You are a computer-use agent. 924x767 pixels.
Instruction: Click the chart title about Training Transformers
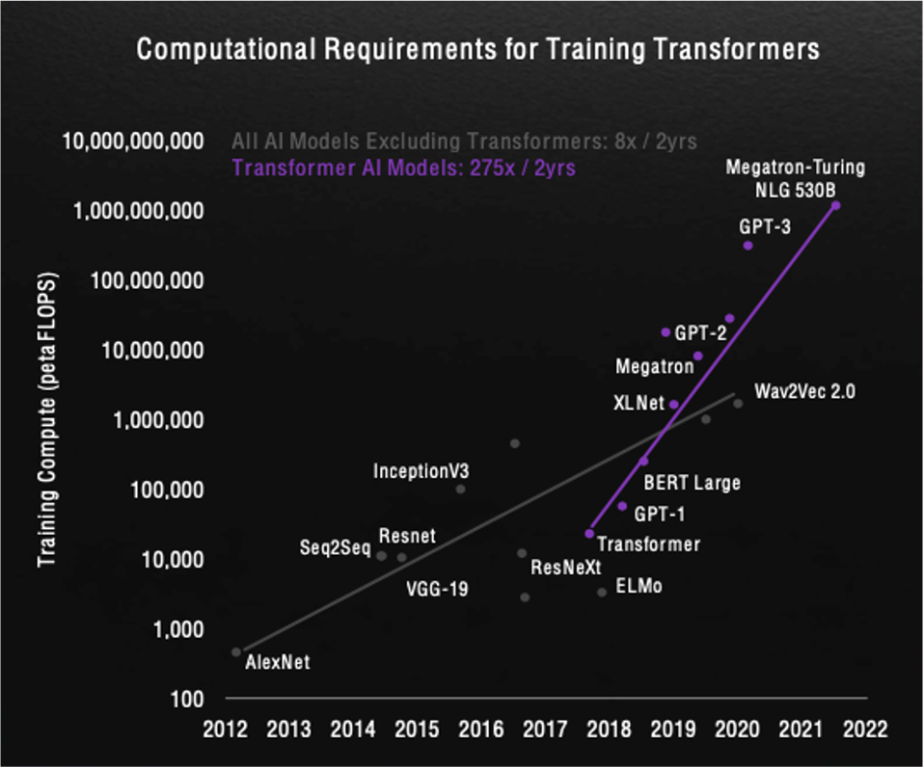point(478,50)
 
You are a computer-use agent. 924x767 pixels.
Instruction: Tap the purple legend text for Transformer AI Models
point(404,167)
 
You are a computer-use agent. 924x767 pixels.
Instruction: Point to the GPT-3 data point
point(747,246)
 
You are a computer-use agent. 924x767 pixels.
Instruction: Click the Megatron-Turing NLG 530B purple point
point(835,205)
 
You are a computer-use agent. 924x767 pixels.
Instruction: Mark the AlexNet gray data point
point(236,652)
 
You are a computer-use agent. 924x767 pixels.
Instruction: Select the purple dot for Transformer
point(589,533)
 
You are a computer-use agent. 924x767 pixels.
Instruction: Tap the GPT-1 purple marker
point(622,506)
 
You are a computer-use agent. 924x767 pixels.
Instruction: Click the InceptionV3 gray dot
point(460,489)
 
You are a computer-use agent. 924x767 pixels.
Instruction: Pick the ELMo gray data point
point(602,592)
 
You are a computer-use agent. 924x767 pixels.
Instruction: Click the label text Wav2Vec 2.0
point(804,392)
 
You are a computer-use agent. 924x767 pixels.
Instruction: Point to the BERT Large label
point(692,483)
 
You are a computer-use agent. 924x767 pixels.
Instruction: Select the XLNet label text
point(639,403)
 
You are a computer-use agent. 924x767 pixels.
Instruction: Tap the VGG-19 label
point(437,588)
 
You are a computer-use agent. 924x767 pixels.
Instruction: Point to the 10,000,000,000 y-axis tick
point(133,142)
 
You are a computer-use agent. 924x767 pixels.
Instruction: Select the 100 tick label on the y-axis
point(186,699)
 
